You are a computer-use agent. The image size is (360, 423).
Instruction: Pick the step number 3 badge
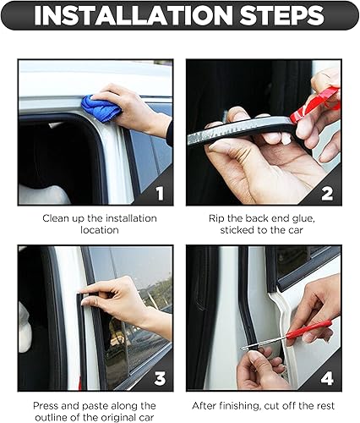(x=159, y=376)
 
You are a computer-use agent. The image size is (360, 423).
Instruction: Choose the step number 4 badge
(x=329, y=376)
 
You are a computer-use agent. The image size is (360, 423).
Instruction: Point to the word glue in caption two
(x=302, y=217)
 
